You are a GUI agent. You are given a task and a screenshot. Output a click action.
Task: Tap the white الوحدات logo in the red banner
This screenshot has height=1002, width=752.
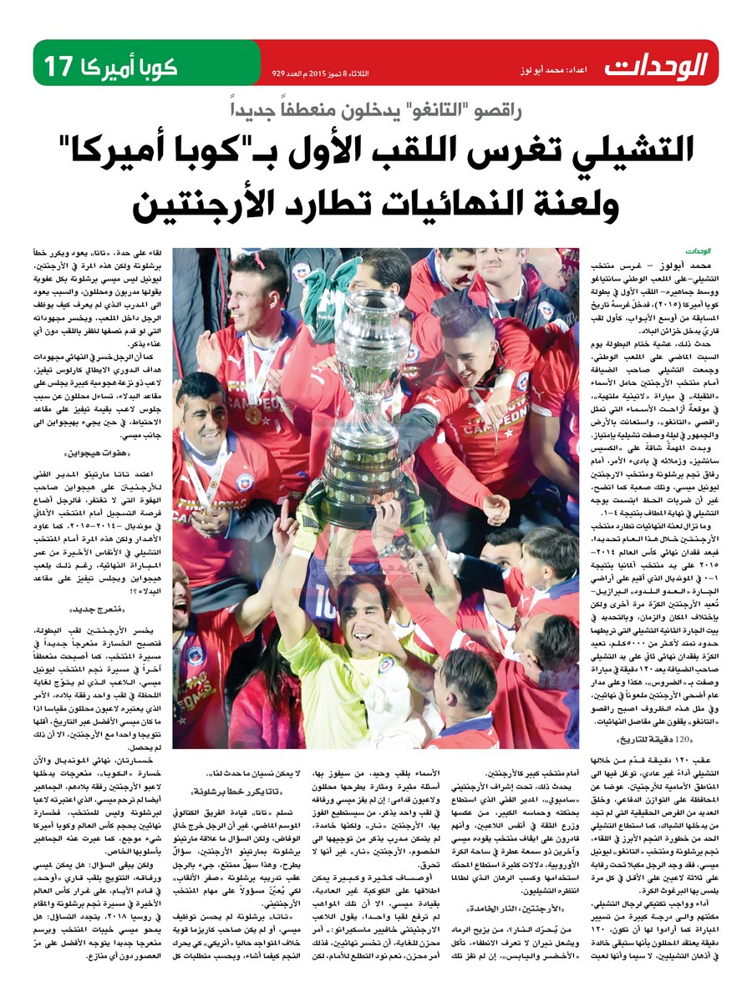click(x=655, y=63)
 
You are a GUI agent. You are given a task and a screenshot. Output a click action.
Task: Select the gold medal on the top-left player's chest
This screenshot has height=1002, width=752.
click(x=252, y=412)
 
